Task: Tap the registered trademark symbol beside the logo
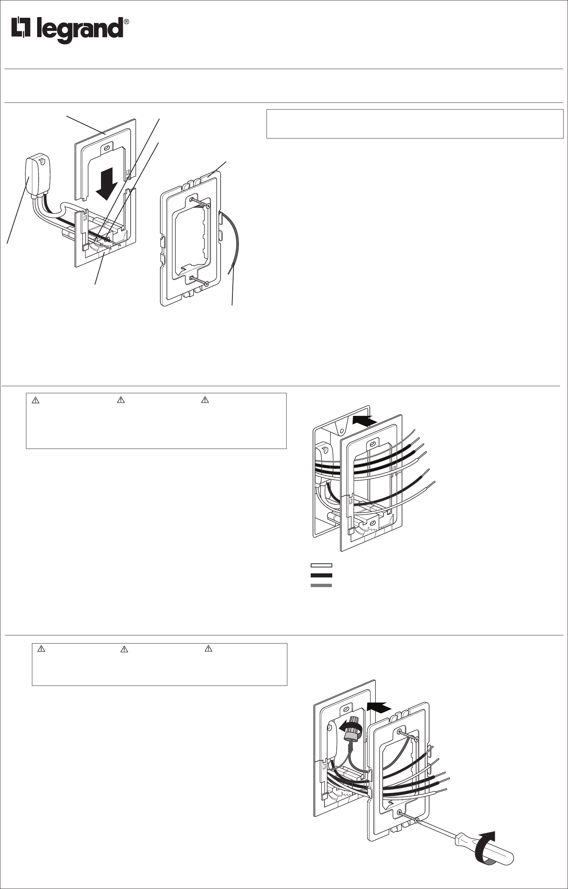pos(127,22)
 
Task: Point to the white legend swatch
pos(321,565)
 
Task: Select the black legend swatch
pos(321,575)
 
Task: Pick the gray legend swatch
pos(321,585)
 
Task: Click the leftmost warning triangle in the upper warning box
pos(36,400)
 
